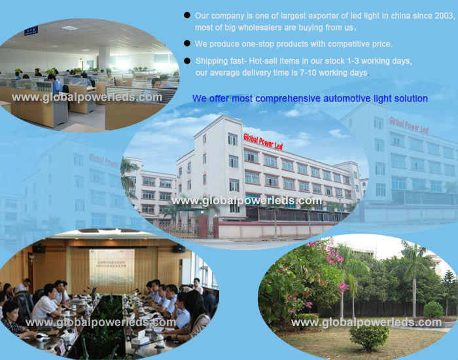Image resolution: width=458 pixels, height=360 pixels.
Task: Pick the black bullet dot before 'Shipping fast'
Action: (187, 60)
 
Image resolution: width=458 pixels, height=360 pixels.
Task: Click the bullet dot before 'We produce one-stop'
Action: (187, 44)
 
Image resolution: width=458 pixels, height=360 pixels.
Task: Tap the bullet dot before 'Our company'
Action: (187, 15)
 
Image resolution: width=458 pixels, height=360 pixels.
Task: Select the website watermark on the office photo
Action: (87, 97)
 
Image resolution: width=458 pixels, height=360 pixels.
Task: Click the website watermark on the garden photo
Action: (366, 322)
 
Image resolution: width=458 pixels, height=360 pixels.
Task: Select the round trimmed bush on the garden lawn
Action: (368, 336)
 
